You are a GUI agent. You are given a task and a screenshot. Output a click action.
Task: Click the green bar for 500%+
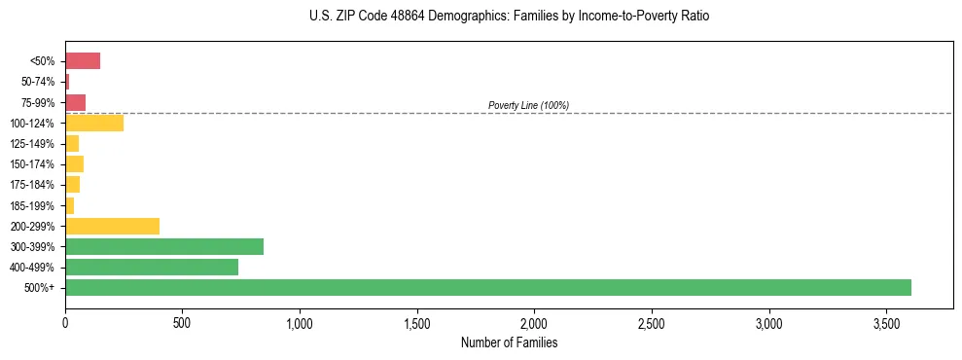(x=487, y=287)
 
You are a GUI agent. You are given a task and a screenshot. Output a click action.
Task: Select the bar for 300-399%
(x=163, y=246)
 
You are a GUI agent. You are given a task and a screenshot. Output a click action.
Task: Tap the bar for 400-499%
(x=151, y=267)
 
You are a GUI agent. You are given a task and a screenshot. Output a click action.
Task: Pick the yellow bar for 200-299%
(x=112, y=226)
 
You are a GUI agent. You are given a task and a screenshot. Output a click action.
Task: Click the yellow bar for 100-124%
(x=94, y=123)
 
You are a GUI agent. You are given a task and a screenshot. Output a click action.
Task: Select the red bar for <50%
(x=83, y=61)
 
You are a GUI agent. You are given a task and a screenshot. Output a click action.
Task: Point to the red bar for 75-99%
(x=75, y=102)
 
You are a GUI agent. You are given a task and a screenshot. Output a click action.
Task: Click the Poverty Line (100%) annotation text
(x=528, y=105)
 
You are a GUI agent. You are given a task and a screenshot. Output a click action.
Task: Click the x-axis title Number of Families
(x=509, y=342)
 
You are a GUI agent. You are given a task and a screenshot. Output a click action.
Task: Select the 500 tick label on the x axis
(x=182, y=322)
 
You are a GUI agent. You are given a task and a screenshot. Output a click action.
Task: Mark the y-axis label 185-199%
(x=35, y=205)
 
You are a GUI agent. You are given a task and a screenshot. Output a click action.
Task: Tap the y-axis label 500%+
(x=40, y=288)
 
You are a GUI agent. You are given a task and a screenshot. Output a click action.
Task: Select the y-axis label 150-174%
(x=35, y=164)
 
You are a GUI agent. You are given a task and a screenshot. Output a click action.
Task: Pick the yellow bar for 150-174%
(x=74, y=163)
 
